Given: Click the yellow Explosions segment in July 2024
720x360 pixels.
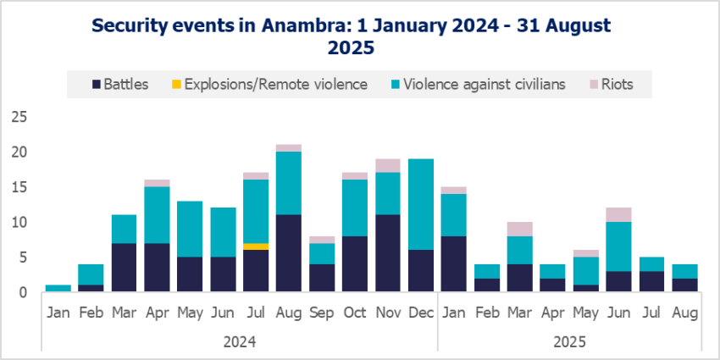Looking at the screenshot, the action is pyautogui.click(x=256, y=246).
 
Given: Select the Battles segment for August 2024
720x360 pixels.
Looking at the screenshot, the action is pyautogui.click(x=289, y=253).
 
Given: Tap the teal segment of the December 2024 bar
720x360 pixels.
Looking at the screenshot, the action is pyautogui.click(x=421, y=204).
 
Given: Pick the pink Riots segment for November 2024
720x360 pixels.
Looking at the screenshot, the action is pyautogui.click(x=388, y=166).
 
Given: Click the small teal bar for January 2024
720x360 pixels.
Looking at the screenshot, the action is pyautogui.click(x=58, y=288).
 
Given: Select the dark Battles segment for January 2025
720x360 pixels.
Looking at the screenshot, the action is pyautogui.click(x=454, y=264).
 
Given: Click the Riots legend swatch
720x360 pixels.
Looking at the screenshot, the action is pyautogui.click(x=593, y=85).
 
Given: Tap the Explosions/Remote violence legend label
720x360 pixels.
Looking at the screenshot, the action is pyautogui.click(x=276, y=85).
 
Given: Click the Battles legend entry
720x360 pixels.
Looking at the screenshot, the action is pyautogui.click(x=120, y=85).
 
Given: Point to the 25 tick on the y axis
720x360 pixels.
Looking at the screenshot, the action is pyautogui.click(x=19, y=117).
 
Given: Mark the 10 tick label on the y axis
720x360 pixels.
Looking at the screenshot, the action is pyautogui.click(x=19, y=222).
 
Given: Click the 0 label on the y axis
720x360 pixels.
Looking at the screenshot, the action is pyautogui.click(x=23, y=292).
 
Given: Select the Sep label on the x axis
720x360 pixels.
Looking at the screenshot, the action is pyautogui.click(x=322, y=313).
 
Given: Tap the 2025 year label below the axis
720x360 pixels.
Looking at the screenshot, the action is pyautogui.click(x=569, y=342).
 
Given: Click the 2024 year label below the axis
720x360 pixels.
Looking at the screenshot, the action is pyautogui.click(x=239, y=342).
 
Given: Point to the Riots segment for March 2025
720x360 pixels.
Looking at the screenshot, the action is pyautogui.click(x=520, y=230).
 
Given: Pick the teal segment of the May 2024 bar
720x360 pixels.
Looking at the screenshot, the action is pyautogui.click(x=190, y=230).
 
